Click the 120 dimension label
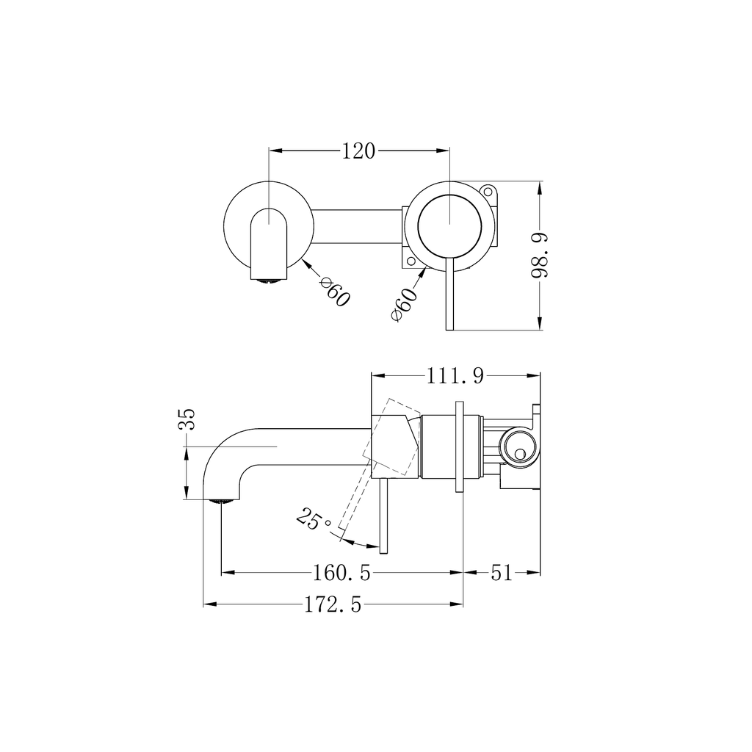point(358,151)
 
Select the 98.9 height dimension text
point(540,255)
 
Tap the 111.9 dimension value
point(455,376)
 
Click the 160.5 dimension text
point(342,572)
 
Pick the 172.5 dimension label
point(333,605)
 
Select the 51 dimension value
point(502,572)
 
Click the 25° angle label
point(314,520)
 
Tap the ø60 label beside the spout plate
point(335,292)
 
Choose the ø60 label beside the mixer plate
point(405,305)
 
